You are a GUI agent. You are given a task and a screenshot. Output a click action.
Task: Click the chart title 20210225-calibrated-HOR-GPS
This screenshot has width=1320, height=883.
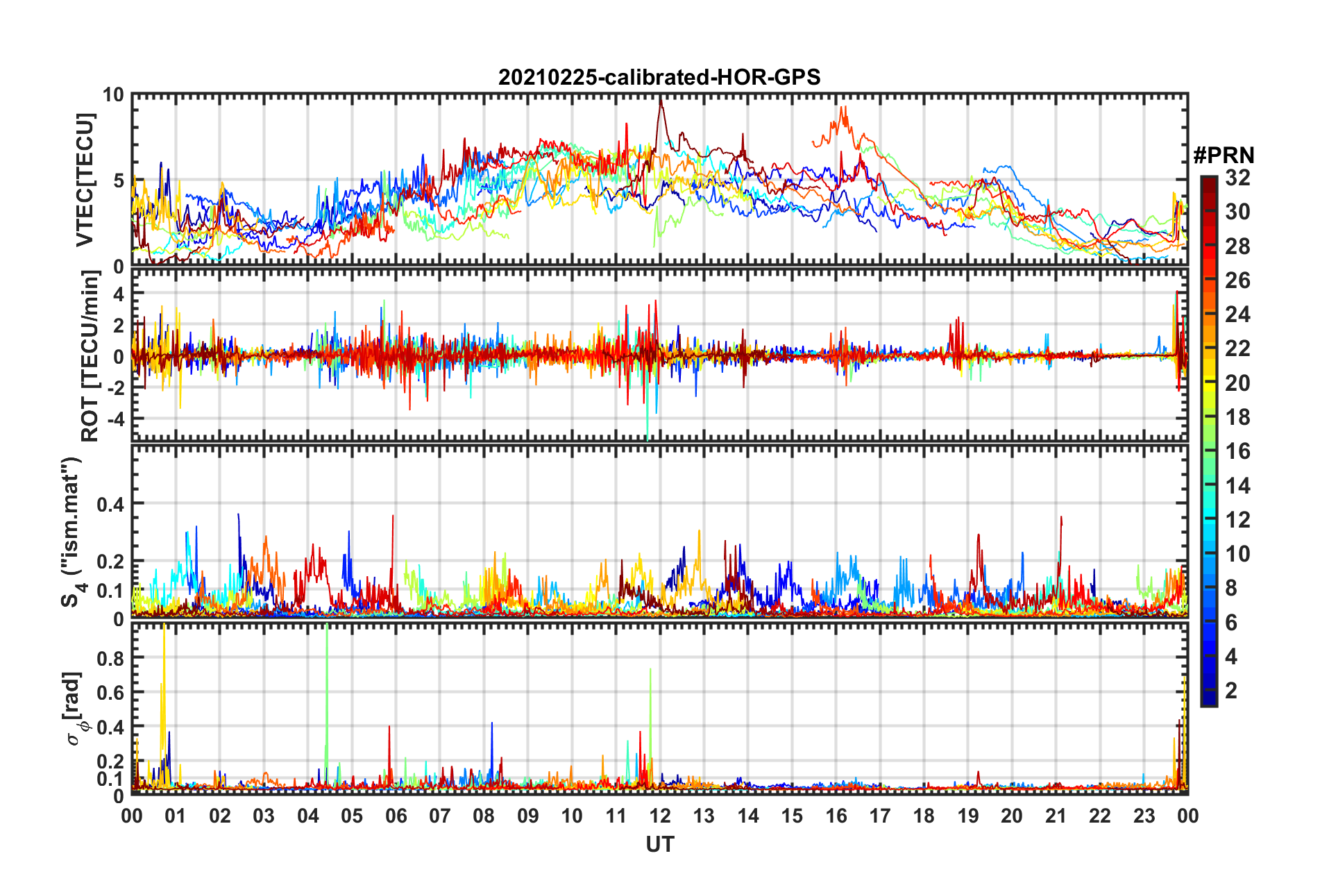tap(659, 77)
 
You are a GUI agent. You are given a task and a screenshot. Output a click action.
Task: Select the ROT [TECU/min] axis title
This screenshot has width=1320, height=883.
tap(90, 356)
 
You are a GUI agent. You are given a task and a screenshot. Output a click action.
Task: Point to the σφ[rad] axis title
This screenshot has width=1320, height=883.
tap(76, 708)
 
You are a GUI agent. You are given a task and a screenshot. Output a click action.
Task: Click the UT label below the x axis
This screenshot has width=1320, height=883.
tap(659, 844)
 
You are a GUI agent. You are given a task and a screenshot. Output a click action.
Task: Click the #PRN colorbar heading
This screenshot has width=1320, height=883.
tap(1224, 155)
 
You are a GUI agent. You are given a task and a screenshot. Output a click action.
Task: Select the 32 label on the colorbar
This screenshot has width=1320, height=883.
tap(1237, 178)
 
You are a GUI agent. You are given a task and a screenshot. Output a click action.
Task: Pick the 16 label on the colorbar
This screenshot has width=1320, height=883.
tap(1237, 451)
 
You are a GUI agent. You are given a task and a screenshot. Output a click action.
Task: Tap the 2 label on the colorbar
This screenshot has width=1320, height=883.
tap(1231, 690)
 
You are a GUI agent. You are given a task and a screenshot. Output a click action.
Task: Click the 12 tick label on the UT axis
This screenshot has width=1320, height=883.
tap(660, 816)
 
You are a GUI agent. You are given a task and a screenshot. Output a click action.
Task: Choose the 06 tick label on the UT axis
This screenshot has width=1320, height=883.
tap(396, 816)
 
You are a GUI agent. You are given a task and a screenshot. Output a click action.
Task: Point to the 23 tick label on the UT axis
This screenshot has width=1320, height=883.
tap(1144, 816)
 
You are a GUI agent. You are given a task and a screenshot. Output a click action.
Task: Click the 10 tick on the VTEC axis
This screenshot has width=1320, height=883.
tap(113, 95)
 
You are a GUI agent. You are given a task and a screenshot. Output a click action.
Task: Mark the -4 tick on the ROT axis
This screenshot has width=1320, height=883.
tap(114, 419)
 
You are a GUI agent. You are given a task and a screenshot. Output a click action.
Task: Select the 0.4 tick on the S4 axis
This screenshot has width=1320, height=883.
tap(110, 504)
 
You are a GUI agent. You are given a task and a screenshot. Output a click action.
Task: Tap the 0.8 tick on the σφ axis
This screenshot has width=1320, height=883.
tap(111, 657)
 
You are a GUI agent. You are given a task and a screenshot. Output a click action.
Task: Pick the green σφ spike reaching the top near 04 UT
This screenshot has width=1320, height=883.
tap(326, 628)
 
